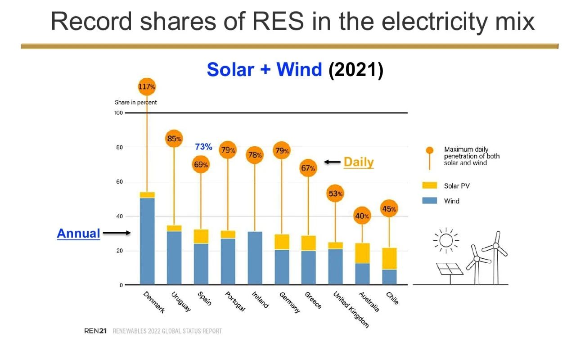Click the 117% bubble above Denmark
[147, 87]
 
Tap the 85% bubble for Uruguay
[174, 139]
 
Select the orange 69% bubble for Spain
[201, 164]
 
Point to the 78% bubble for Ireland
[255, 155]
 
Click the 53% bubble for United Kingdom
[335, 193]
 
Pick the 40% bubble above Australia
[362, 216]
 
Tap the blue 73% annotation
[203, 147]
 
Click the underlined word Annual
[78, 234]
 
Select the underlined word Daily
[359, 162]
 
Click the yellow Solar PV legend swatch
[429, 185]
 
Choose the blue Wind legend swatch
[429, 201]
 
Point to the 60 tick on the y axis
[119, 182]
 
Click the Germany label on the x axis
[290, 302]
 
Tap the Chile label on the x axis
[392, 298]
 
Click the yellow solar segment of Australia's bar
[362, 253]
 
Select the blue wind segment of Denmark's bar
[147, 241]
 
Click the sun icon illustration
[446, 241]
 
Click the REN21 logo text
[95, 331]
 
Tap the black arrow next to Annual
[117, 233]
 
